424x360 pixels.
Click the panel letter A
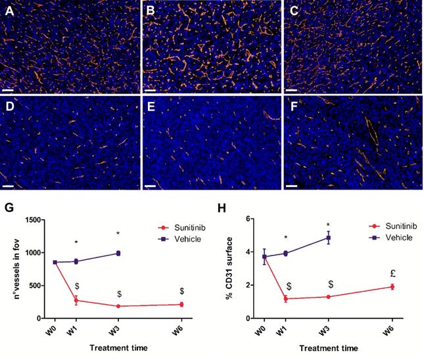tap(7, 11)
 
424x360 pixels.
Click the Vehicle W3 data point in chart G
tap(119, 253)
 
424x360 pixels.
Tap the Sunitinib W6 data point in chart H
tap(392, 287)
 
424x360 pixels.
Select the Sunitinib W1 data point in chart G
tap(76, 300)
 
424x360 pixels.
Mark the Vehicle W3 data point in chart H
tap(328, 238)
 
